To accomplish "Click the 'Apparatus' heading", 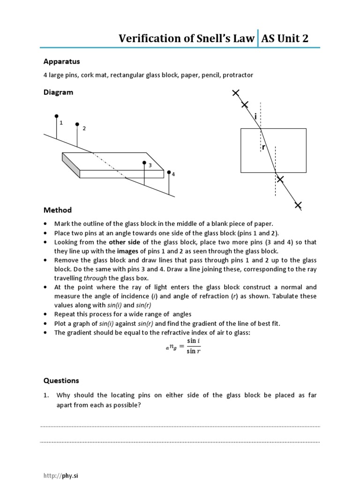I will [61, 61].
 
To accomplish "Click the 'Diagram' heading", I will [58, 92].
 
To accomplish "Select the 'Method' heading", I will [57, 210].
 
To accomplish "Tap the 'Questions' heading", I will [61, 381].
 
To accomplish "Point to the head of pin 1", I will [57, 116].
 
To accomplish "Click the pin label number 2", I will [84, 128].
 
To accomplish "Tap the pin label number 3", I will [150, 165].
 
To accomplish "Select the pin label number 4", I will [173, 174].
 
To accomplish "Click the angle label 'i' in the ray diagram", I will [255, 115].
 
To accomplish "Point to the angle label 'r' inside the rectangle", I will [264, 147].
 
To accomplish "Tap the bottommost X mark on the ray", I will [298, 205].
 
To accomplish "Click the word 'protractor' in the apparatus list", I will [238, 75].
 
